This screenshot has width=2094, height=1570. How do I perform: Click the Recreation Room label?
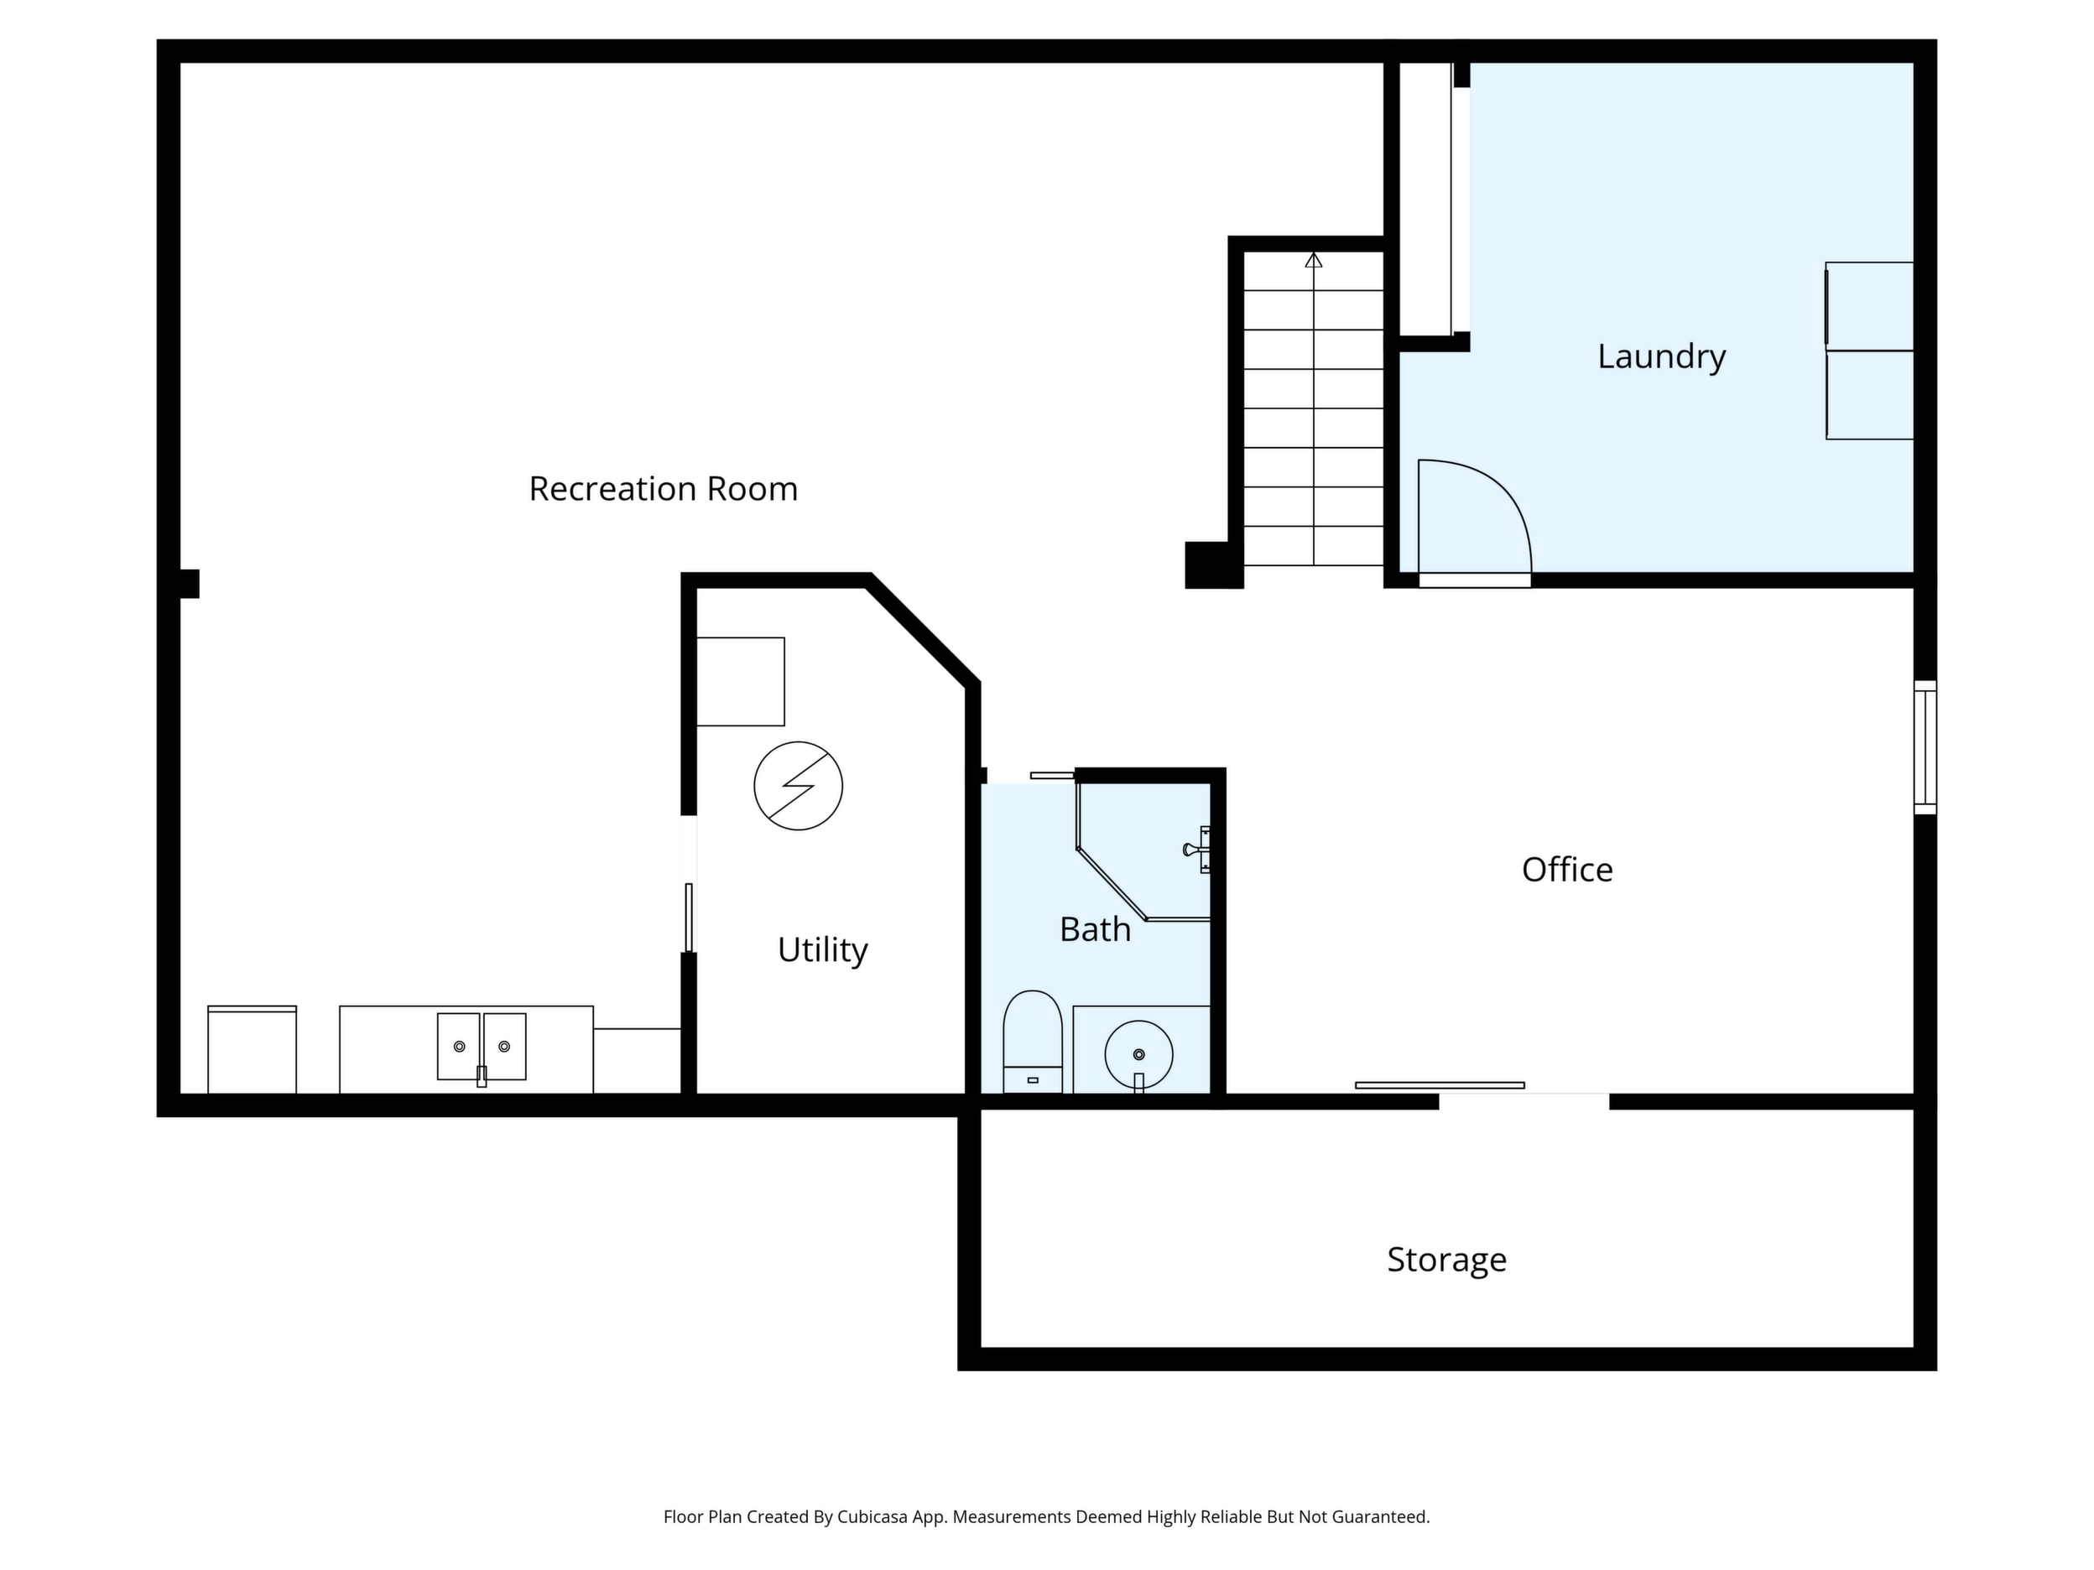point(663,489)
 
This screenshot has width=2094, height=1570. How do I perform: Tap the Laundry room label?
point(1661,356)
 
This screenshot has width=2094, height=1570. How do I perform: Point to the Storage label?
point(1446,1261)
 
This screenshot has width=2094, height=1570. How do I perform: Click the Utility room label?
point(823,950)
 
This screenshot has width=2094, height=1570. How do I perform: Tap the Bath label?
point(1096,930)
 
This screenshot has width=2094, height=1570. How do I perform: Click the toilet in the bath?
point(1033,1042)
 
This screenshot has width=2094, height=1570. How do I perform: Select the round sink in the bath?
point(1138,1054)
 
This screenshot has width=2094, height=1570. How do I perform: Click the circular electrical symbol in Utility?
point(798,786)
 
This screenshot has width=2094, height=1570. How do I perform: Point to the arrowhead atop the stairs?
point(1313,259)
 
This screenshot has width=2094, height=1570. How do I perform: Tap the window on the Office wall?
point(1925,746)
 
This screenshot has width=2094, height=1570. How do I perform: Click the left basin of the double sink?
point(459,1046)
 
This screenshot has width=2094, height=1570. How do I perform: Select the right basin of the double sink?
point(504,1046)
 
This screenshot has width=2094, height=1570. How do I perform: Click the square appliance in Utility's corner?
point(740,681)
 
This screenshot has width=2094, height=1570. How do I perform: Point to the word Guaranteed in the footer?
point(1380,1517)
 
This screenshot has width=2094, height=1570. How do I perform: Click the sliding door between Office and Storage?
point(1440,1085)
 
